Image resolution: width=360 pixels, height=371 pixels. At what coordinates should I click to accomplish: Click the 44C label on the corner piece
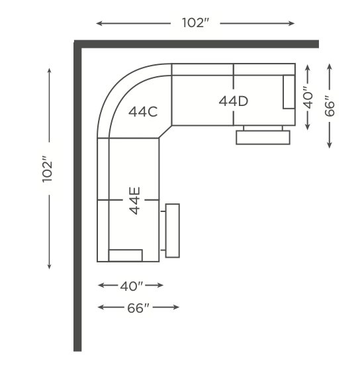point(143,112)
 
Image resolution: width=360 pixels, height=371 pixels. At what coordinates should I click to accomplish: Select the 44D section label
point(234,101)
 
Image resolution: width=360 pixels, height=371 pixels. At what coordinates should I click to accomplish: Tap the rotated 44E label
point(135,201)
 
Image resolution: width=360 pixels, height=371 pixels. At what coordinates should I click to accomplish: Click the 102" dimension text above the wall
point(195,23)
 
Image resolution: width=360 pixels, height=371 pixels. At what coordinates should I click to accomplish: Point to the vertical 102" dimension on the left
point(47,169)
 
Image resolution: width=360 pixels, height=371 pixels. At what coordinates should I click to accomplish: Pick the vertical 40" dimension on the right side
point(308,97)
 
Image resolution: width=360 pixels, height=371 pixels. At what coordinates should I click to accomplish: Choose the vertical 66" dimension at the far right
point(330,106)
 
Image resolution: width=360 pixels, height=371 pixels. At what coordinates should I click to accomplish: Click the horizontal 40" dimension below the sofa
point(132,286)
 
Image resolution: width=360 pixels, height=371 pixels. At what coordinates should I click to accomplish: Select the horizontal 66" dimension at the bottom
point(138,308)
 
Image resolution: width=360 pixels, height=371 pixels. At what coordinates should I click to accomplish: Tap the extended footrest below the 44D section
point(263,137)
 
